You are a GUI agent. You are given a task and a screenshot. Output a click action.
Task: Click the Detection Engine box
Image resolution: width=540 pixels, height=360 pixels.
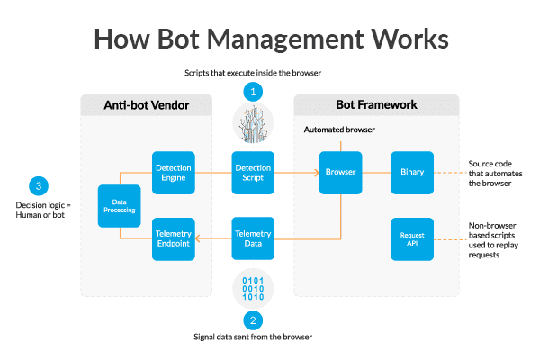174,173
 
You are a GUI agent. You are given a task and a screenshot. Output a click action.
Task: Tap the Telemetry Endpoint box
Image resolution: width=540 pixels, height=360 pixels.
174,238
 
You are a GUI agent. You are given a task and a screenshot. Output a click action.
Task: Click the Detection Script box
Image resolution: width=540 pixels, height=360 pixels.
254,173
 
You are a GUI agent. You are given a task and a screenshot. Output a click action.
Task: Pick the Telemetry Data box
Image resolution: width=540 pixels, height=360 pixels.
254,238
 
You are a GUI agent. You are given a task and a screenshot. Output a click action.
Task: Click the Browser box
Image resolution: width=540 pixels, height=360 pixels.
340,173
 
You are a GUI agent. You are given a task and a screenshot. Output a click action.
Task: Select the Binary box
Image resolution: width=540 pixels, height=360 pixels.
412,173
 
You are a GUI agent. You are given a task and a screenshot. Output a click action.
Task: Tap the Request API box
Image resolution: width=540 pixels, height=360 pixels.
412,238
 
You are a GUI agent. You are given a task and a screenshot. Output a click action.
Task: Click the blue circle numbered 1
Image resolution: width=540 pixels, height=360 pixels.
254,91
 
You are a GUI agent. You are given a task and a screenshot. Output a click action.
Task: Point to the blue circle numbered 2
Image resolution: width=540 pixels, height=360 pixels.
254,319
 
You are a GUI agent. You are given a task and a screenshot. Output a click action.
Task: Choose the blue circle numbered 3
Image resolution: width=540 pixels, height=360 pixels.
38,186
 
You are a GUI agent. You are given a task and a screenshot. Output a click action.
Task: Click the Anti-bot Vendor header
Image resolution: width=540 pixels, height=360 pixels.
146,105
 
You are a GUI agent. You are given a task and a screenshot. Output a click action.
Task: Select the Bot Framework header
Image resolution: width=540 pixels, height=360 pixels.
376,105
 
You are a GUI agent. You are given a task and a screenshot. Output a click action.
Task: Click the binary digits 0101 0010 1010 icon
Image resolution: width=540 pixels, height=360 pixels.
254,286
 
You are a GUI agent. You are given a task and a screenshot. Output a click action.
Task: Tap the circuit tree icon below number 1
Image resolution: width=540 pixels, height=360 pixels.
254,123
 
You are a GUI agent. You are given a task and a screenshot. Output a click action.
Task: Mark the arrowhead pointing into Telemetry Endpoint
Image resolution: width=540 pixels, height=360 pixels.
200,238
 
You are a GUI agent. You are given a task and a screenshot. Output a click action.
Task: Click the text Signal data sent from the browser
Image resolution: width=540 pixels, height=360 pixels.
254,337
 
